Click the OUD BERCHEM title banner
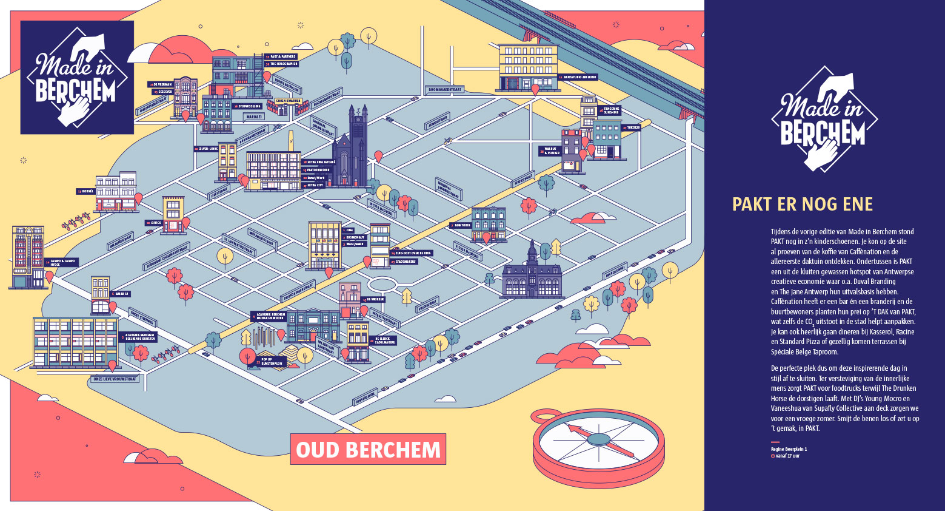coord(368,450)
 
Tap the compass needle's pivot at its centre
coord(598,439)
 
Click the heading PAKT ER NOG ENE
coord(802,205)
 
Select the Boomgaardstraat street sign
coord(445,89)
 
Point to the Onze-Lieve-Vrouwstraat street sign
coord(115,378)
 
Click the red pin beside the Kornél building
coord(138,198)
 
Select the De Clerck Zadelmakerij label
coord(384,340)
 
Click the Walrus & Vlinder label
coord(551,151)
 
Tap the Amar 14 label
coord(121,294)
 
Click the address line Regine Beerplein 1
coord(789,449)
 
